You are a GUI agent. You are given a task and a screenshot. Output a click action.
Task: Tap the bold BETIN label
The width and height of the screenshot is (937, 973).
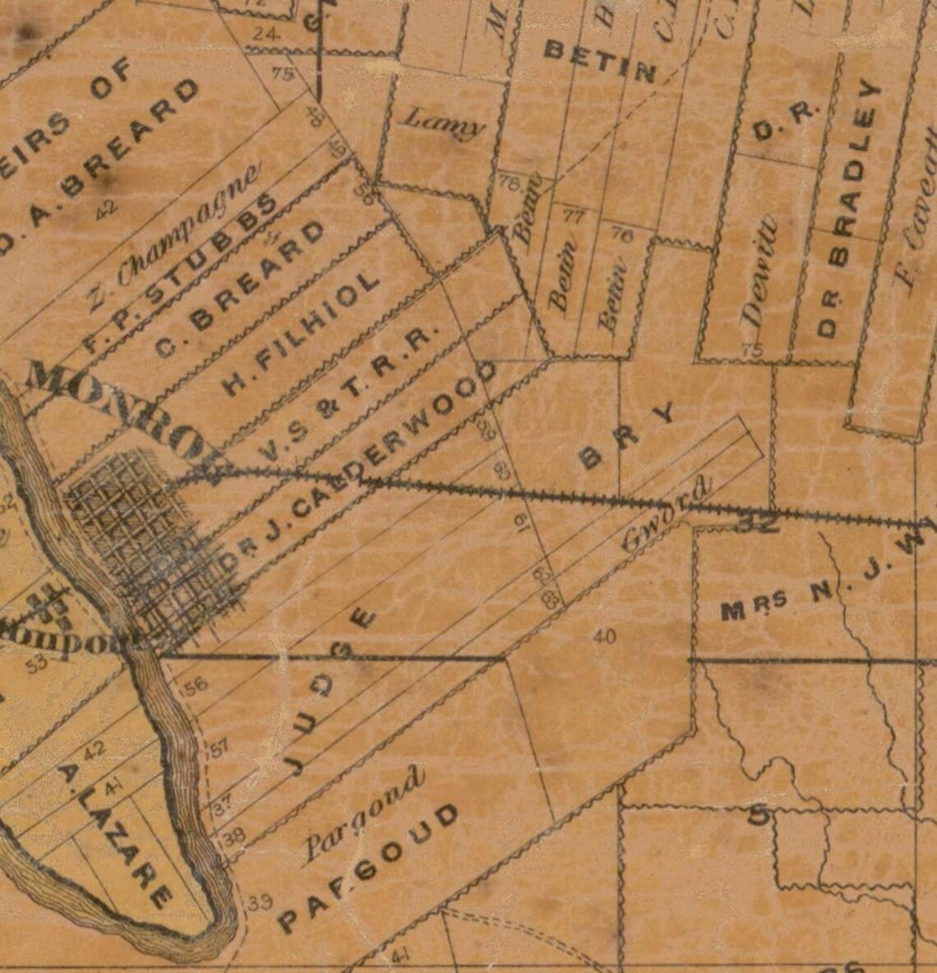click(601, 62)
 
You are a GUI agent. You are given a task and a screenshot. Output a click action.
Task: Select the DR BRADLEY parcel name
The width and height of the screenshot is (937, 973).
click(847, 209)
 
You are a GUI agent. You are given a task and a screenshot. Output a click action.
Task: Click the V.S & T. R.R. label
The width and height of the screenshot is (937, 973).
click(353, 386)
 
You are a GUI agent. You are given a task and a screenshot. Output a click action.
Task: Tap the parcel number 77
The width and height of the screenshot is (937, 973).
click(573, 216)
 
